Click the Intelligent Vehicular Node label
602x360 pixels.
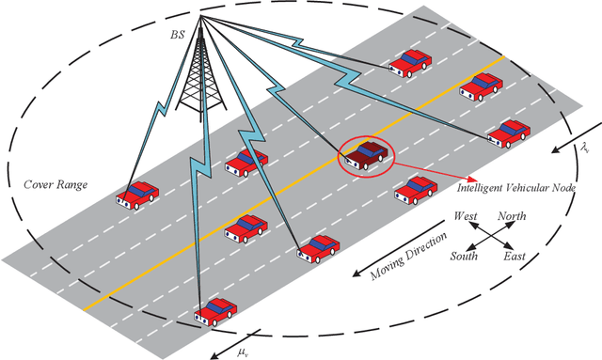[522, 188]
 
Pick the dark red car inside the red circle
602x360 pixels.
[366, 155]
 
